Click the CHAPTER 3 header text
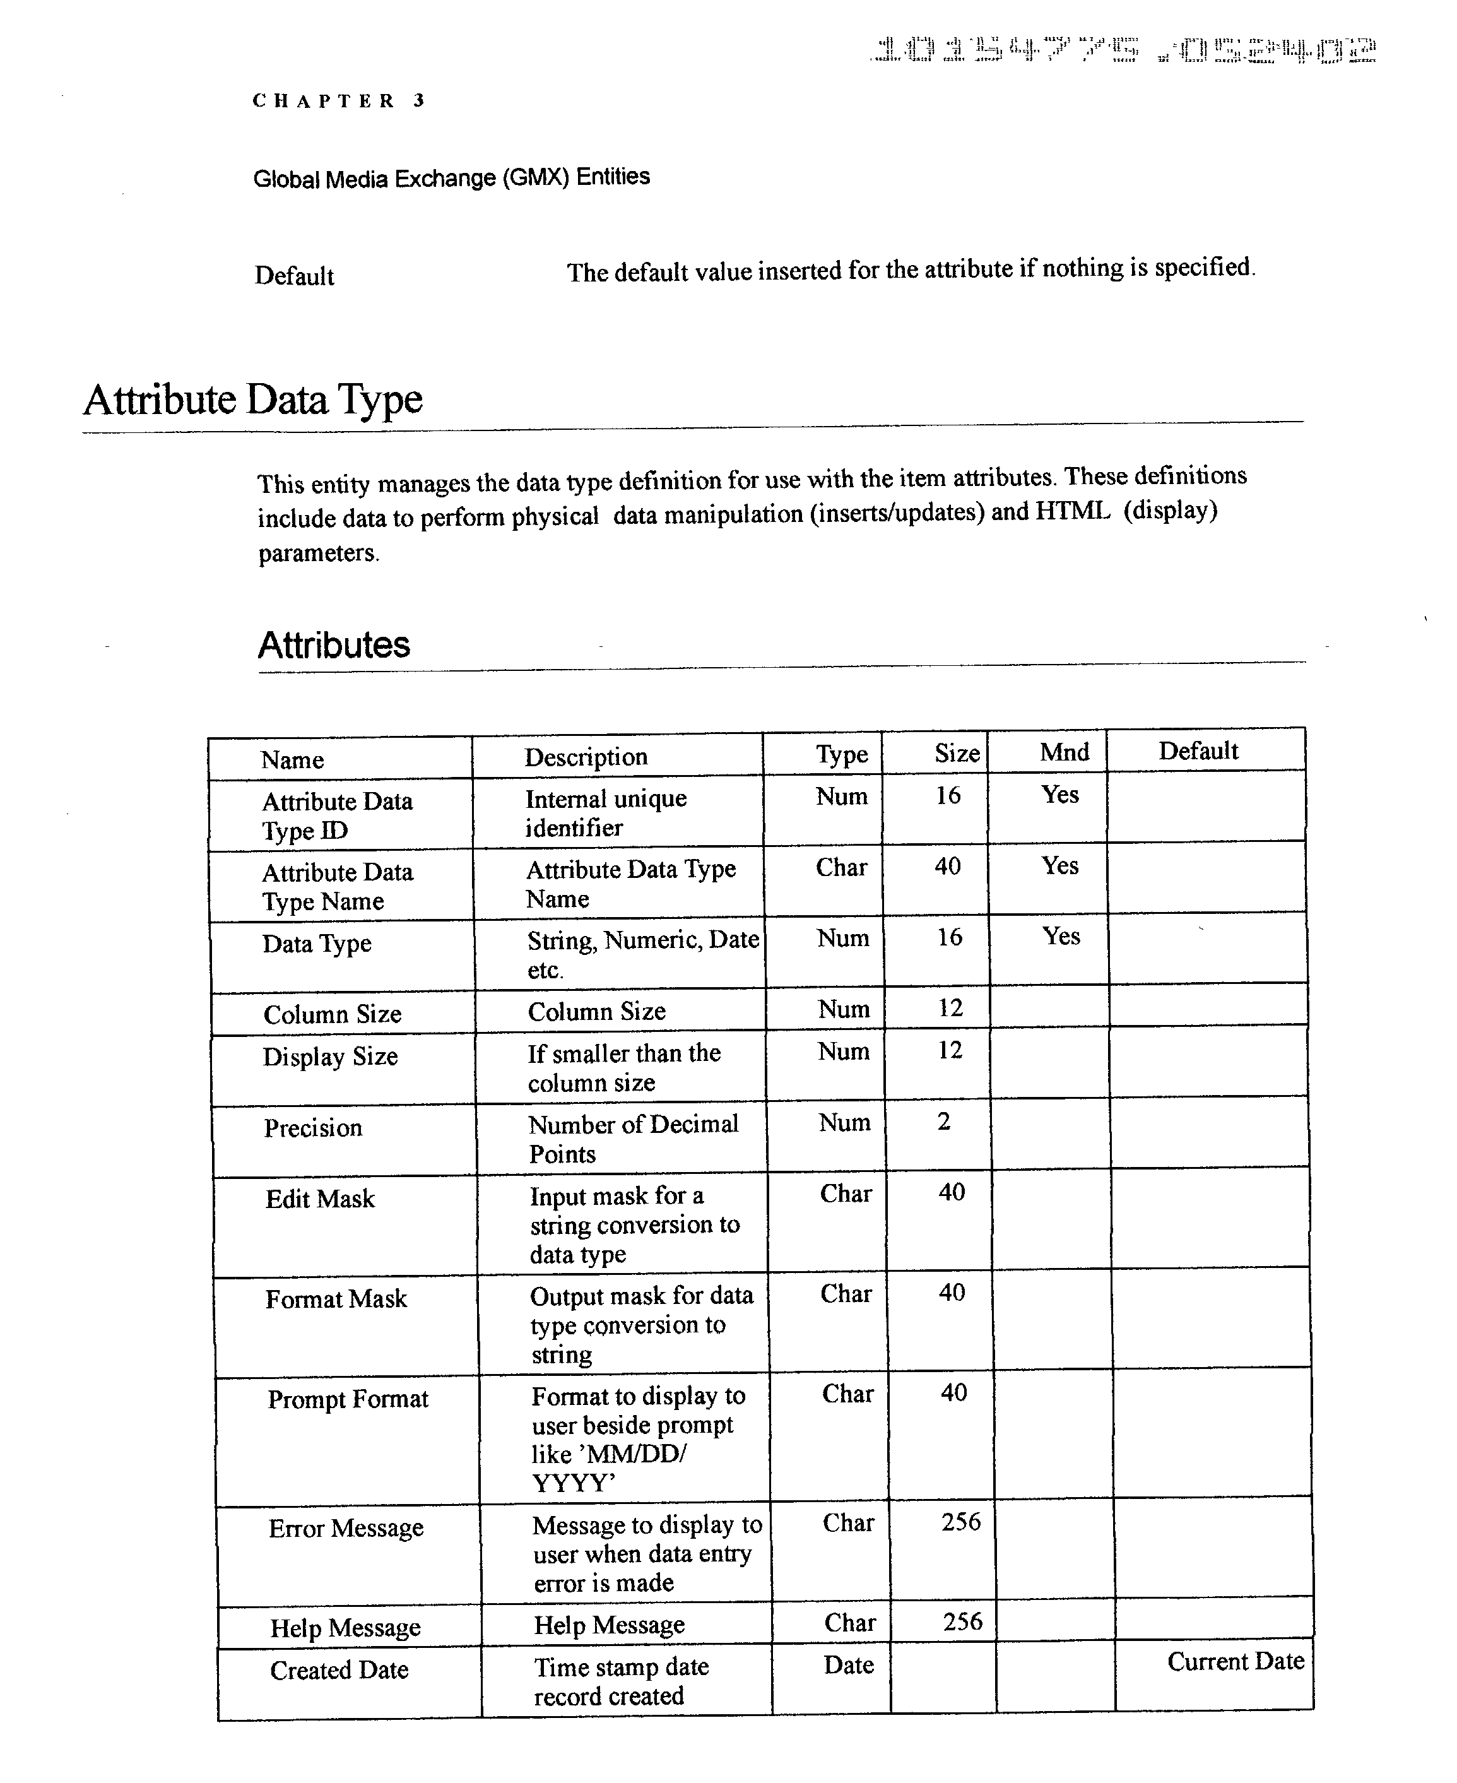pos(339,102)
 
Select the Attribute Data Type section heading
pos(252,400)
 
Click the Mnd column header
pos(1065,752)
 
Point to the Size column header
pos(957,753)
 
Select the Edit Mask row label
pos(320,1199)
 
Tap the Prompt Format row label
pos(348,1399)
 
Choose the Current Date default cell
pos(1235,1661)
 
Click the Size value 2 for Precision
pos(944,1122)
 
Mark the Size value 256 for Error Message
pos(961,1522)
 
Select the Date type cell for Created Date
pos(849,1664)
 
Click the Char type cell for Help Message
pos(849,1623)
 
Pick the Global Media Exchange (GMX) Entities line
pos(452,178)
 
